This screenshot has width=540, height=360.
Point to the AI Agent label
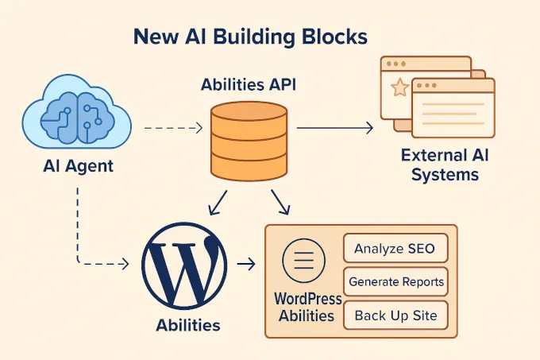tap(78, 167)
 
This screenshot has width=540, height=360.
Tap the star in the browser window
tap(400, 87)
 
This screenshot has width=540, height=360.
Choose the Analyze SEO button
tap(395, 249)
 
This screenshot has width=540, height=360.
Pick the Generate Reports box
tap(395, 281)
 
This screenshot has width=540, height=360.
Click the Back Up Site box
tap(395, 315)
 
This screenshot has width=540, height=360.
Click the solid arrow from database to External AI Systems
tap(334, 126)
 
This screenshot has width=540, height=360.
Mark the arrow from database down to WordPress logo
tap(217, 203)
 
